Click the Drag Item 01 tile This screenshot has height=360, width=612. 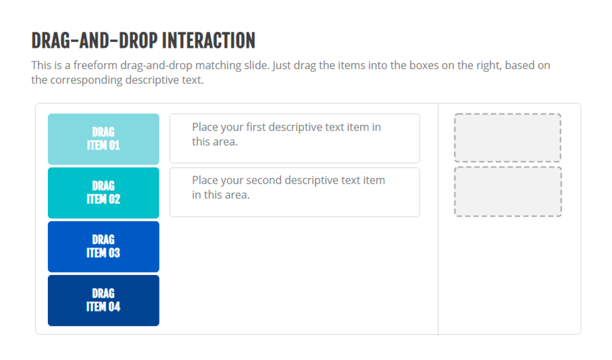(104, 139)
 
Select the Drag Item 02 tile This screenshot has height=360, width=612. (104, 193)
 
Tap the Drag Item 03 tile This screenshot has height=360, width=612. (104, 247)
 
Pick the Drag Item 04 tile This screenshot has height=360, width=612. (104, 301)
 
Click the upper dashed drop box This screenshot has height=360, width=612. (507, 138)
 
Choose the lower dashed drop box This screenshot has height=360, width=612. (507, 192)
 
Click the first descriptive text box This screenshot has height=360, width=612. (295, 138)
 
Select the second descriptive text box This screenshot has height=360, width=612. (295, 192)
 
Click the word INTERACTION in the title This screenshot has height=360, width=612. (208, 40)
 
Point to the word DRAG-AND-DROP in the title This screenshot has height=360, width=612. (94, 40)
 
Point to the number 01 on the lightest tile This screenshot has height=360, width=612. (114, 146)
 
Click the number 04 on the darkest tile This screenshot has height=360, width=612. (114, 307)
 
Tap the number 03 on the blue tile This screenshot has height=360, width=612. (114, 253)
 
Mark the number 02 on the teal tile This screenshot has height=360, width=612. (114, 200)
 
